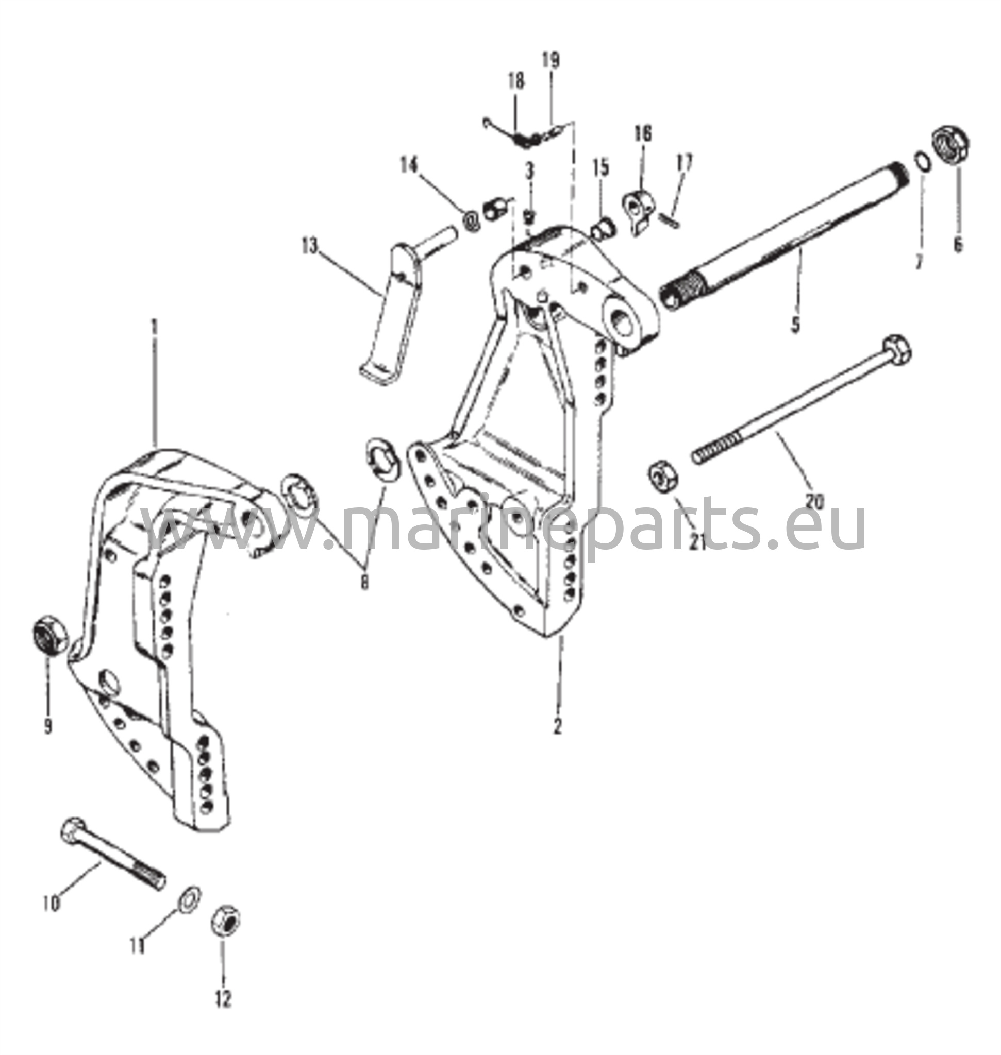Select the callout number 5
(x=795, y=324)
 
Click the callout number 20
(x=815, y=501)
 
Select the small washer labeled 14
(x=472, y=221)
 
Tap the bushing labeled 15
(x=604, y=229)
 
